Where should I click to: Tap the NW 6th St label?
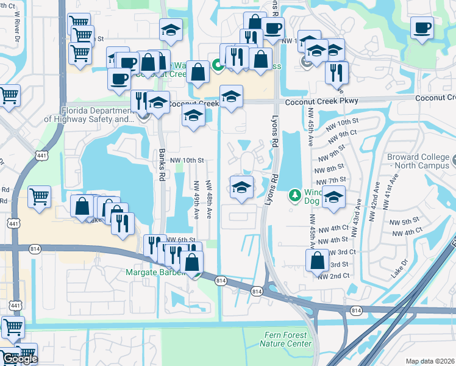[x=182, y=240]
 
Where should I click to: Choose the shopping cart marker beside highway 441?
[x=40, y=197]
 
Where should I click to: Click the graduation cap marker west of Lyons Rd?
[x=241, y=188]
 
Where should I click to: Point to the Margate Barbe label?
[x=155, y=272]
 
